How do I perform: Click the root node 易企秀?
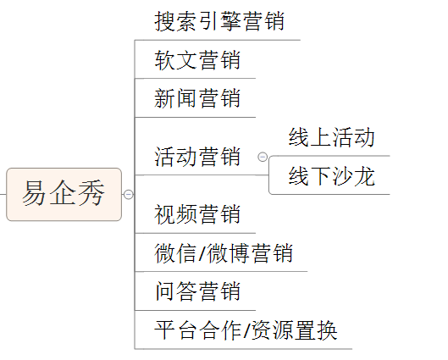click(64, 194)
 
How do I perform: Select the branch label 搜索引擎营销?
click(219, 21)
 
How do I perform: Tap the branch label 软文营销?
click(197, 60)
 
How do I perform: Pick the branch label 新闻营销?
click(197, 98)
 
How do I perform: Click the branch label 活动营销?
click(197, 157)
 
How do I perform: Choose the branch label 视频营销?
click(197, 214)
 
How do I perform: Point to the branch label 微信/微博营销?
click(224, 253)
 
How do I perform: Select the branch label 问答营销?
click(197, 291)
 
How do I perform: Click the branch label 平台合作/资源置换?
click(246, 330)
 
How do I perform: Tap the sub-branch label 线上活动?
click(332, 137)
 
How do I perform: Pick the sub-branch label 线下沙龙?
click(332, 176)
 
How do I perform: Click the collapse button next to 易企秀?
click(128, 194)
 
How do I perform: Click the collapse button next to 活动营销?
click(263, 157)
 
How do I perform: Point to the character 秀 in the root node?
click(91, 192)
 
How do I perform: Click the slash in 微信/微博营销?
click(202, 253)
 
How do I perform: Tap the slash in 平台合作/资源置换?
click(246, 330)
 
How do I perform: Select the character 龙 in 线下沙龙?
click(364, 176)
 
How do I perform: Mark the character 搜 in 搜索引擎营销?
click(165, 21)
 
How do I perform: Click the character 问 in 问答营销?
click(165, 291)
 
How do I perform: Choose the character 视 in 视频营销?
click(165, 214)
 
